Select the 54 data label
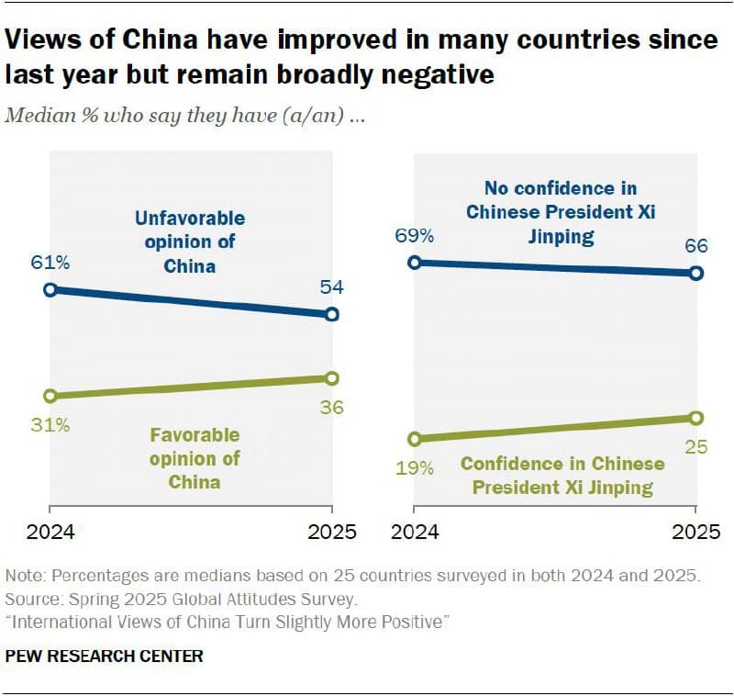click(x=332, y=288)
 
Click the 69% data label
click(x=414, y=236)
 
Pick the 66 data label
click(x=695, y=247)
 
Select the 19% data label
click(x=414, y=468)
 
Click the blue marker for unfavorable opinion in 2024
click(x=50, y=290)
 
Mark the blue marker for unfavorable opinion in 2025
click(x=332, y=315)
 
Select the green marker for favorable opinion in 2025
click(x=332, y=378)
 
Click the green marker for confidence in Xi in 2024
click(x=414, y=439)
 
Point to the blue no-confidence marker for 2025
click(x=695, y=273)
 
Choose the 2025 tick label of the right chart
click(x=695, y=532)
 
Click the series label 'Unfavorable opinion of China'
click(x=190, y=242)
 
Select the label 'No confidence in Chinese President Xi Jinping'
click(x=561, y=213)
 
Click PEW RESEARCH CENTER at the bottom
click(x=105, y=656)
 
